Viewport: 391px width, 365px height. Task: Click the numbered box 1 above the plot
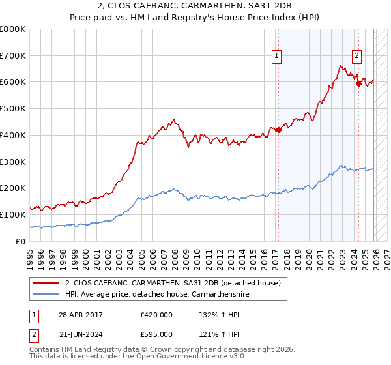click(278, 57)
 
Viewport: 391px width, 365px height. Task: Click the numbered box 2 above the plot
click(357, 57)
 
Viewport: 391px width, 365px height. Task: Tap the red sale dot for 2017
click(278, 130)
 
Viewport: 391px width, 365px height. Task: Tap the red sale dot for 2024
click(358, 83)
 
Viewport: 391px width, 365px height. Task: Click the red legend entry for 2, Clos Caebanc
click(173, 284)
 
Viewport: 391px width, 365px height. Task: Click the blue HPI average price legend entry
click(156, 295)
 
